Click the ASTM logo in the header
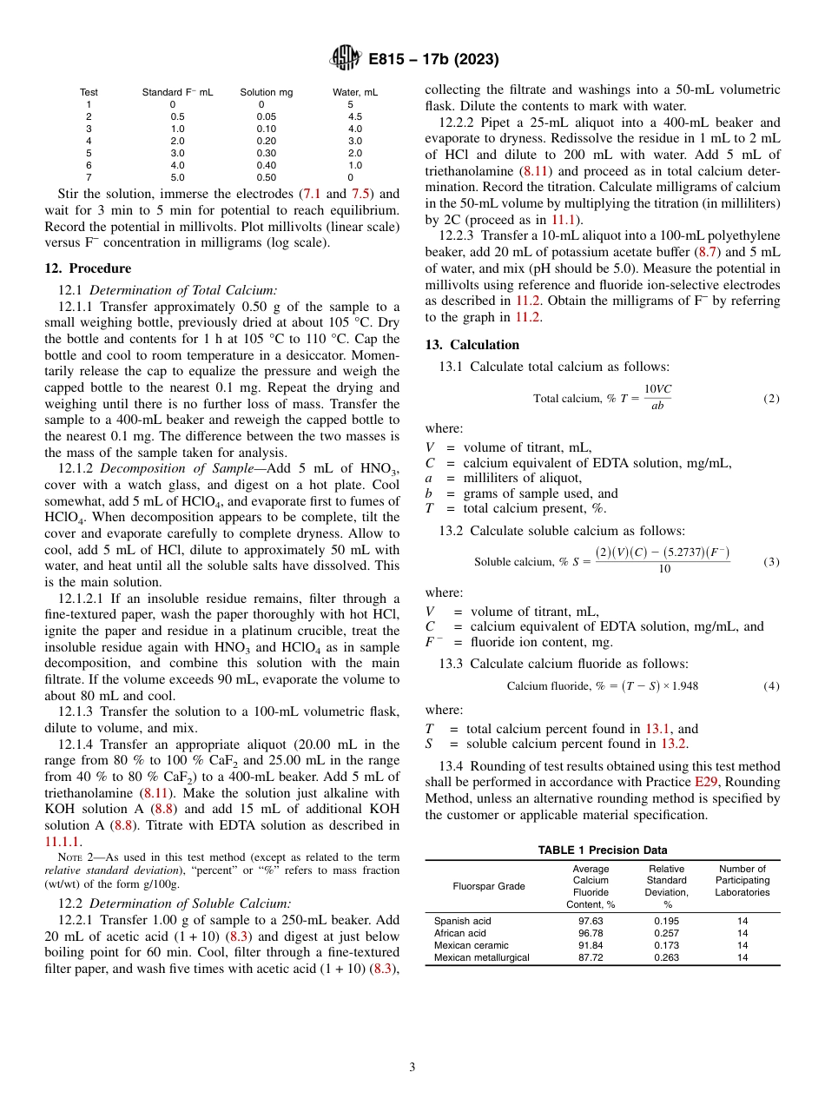coord(344,60)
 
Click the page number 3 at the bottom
coord(412,1068)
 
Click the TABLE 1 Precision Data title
coord(602,850)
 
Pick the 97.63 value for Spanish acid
coord(591,921)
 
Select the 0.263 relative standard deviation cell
coord(666,957)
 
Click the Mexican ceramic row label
coord(472,945)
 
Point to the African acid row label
coord(460,933)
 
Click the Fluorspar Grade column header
coord(477,886)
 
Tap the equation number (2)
coord(771,399)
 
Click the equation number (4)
coord(771,686)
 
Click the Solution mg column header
coord(267,92)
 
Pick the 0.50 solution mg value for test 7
coord(267,177)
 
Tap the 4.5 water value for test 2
coord(355,116)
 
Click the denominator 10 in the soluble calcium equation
coord(664,570)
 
